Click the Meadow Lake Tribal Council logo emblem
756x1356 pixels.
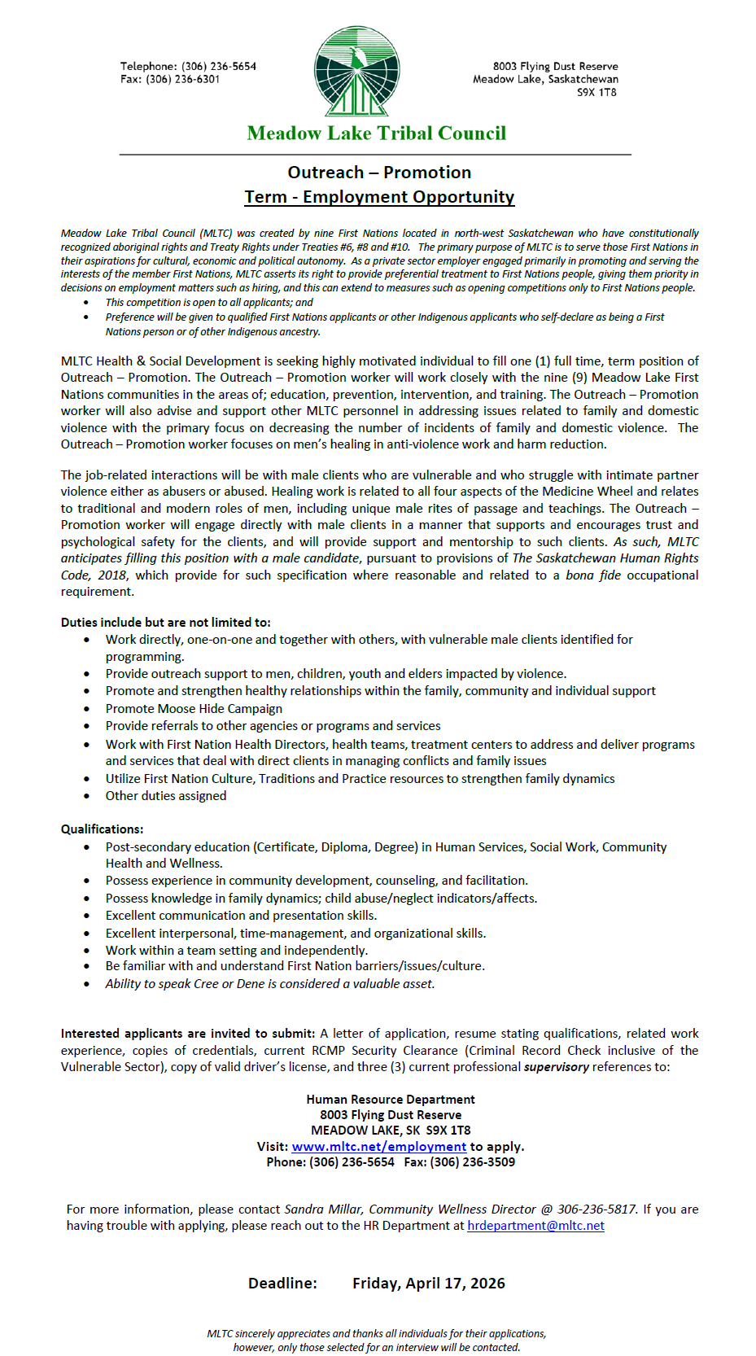(x=356, y=72)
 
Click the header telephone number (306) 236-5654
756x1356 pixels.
(x=218, y=67)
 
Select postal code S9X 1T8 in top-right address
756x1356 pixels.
(x=596, y=93)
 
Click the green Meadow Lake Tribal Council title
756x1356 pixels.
(x=376, y=133)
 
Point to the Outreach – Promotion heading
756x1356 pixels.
(x=379, y=173)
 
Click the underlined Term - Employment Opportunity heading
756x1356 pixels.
(x=379, y=197)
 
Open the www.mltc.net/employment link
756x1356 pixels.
(x=378, y=1147)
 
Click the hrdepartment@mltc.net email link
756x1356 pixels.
(x=535, y=1226)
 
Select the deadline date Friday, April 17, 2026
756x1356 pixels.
(x=428, y=1284)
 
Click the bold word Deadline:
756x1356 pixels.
(x=282, y=1284)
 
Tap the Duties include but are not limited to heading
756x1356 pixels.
(x=165, y=623)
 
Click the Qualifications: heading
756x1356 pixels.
(x=102, y=829)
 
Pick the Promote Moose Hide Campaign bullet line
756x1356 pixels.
(x=194, y=709)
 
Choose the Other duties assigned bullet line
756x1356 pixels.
(x=166, y=796)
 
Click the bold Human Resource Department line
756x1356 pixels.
(x=391, y=1100)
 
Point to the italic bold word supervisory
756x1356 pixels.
(x=556, y=1067)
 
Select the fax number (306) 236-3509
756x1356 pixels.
(x=472, y=1162)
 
